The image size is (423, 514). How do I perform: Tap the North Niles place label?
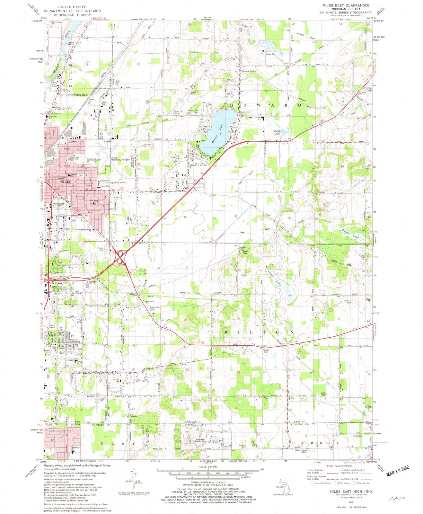pos(81,95)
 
